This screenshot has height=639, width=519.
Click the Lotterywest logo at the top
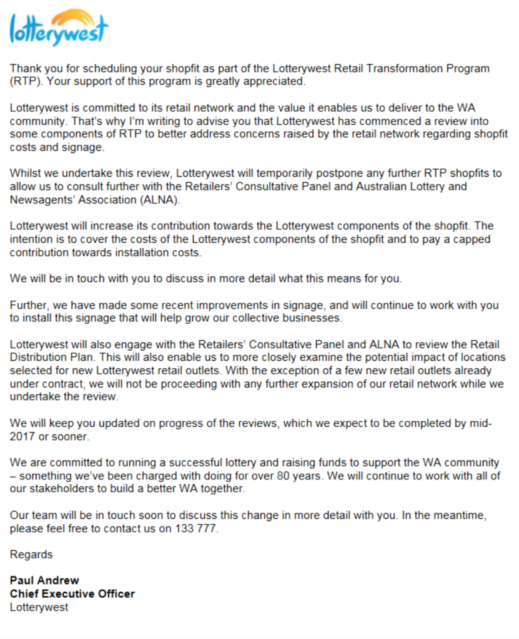59,28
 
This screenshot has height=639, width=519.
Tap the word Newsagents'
39,200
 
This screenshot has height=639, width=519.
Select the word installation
142,252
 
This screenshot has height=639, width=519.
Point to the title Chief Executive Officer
72,593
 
